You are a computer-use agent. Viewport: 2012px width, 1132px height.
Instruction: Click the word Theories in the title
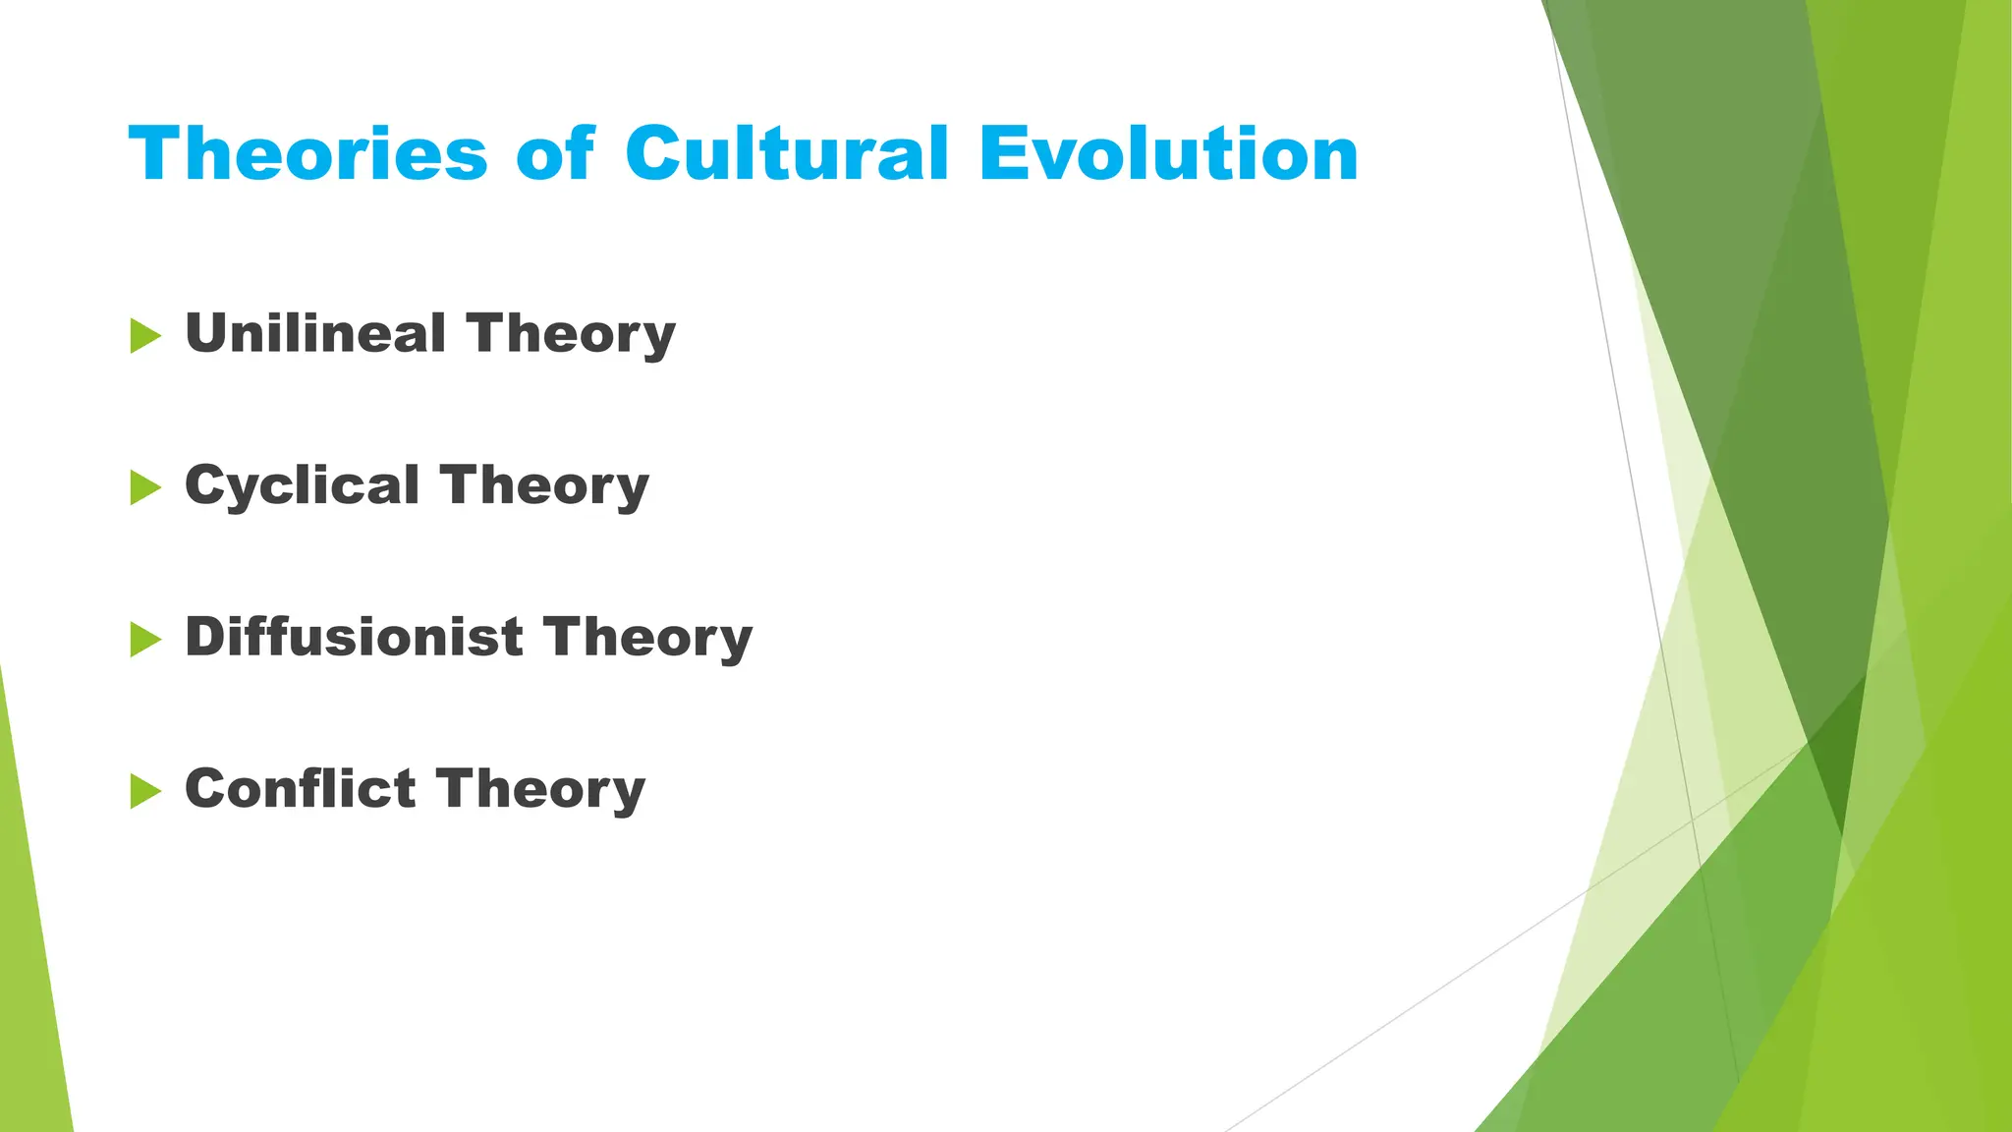[307, 154]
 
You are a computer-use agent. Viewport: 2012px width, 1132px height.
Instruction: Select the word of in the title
[555, 154]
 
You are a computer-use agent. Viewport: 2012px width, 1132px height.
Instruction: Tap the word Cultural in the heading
[787, 154]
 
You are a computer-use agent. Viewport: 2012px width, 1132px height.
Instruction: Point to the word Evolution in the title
[1169, 154]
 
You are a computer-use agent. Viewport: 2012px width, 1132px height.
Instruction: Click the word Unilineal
[315, 333]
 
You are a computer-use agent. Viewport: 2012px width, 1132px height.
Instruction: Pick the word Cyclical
[303, 485]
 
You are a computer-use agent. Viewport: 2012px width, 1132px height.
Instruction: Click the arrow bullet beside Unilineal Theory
[144, 336]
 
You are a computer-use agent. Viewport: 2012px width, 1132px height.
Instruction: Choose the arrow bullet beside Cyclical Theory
[144, 487]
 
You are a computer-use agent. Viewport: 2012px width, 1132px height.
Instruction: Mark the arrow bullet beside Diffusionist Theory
[144, 640]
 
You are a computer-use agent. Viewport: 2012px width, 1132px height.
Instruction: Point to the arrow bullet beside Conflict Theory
[144, 791]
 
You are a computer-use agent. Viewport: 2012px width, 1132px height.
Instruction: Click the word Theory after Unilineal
[571, 335]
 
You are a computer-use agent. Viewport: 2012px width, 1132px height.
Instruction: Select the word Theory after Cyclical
[544, 487]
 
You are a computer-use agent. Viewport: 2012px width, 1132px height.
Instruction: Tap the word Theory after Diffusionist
[647, 639]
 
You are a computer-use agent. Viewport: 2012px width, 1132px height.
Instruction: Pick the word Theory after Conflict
[540, 790]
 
